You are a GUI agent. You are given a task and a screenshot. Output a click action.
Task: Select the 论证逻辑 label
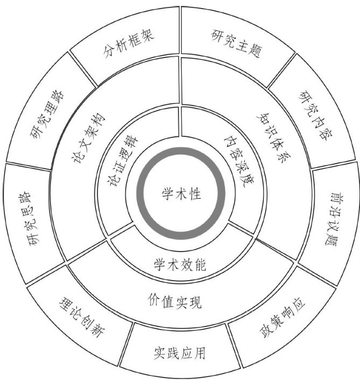click(x=124, y=162)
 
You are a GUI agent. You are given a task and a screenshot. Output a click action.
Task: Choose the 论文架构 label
click(x=89, y=137)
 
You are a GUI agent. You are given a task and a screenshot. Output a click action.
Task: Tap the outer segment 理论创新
click(x=80, y=322)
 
